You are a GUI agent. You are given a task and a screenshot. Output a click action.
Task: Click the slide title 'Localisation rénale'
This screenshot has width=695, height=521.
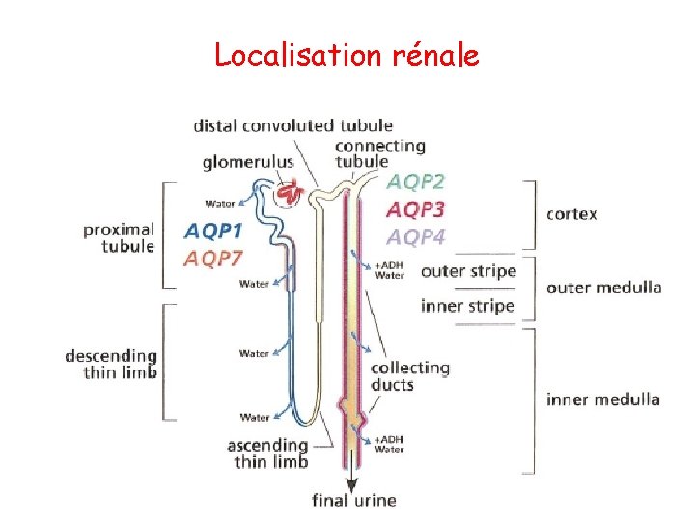[x=347, y=55]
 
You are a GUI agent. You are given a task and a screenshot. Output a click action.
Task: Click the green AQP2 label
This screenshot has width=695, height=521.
[x=417, y=181]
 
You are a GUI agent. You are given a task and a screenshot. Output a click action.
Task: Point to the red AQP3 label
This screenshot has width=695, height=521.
[x=416, y=209]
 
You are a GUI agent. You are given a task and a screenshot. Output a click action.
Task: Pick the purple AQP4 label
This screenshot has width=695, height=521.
[x=416, y=236]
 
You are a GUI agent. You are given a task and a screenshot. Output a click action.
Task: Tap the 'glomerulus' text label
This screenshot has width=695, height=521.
[x=248, y=162]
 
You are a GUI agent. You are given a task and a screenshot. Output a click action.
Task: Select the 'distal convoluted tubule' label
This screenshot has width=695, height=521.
[x=293, y=125]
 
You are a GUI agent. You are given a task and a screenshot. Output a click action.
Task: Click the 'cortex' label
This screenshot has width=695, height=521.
[x=571, y=214]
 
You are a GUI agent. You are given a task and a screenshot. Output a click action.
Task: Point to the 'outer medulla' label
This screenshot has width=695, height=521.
[x=603, y=287]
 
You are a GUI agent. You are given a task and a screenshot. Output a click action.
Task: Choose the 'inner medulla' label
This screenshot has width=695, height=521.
[x=602, y=398]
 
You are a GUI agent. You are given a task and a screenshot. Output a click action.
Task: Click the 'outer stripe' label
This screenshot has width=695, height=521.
[x=468, y=271]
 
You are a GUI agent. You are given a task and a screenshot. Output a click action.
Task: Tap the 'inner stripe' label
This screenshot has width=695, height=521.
[x=468, y=307]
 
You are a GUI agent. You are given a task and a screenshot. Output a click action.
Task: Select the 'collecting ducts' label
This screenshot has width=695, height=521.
[x=409, y=376]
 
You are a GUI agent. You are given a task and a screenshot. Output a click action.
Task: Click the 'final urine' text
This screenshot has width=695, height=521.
[x=353, y=500]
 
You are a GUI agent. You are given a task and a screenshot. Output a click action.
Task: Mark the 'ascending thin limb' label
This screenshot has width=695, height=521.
[x=267, y=453]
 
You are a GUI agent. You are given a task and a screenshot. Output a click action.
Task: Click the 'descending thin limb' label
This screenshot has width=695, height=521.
[x=111, y=365]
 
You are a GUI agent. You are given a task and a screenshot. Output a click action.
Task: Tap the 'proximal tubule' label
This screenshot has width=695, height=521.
[x=119, y=237]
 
